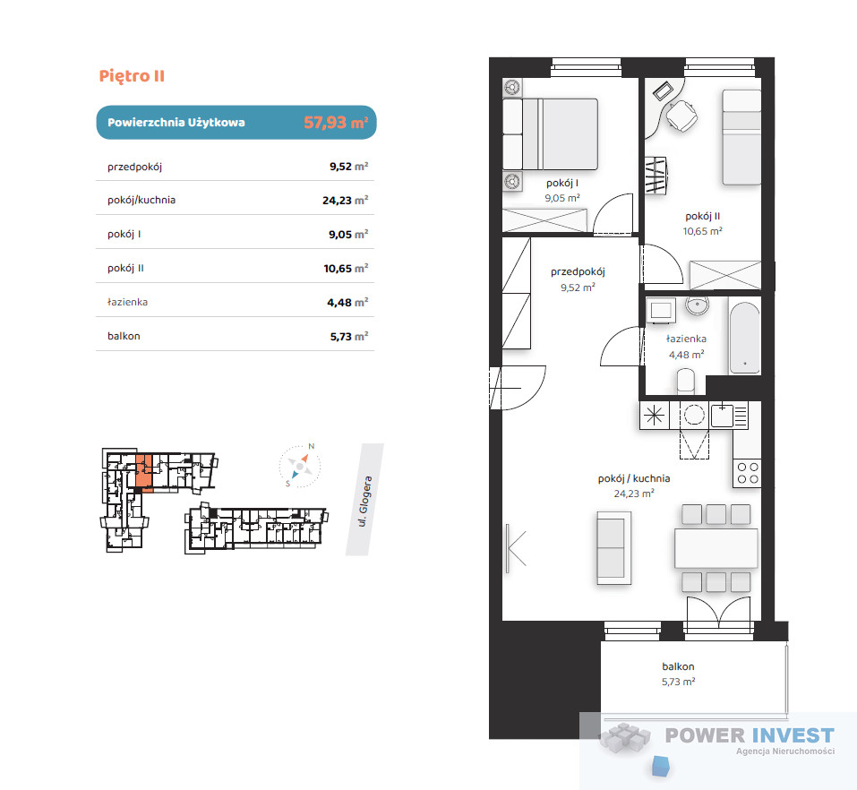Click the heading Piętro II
132,76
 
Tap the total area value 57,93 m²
336,122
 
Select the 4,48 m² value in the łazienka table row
347,303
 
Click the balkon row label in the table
124,336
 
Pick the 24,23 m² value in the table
345,200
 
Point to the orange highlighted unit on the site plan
143,471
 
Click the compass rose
299,466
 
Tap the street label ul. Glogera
365,502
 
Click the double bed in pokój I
550,134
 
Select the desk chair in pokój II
681,116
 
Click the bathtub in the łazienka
744,338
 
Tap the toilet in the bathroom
686,381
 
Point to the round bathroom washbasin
697,305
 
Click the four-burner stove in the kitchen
747,473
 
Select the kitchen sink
722,415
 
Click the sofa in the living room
613,548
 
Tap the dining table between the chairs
716,548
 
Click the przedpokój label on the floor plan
578,271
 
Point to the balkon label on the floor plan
678,666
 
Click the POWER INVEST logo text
750,736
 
